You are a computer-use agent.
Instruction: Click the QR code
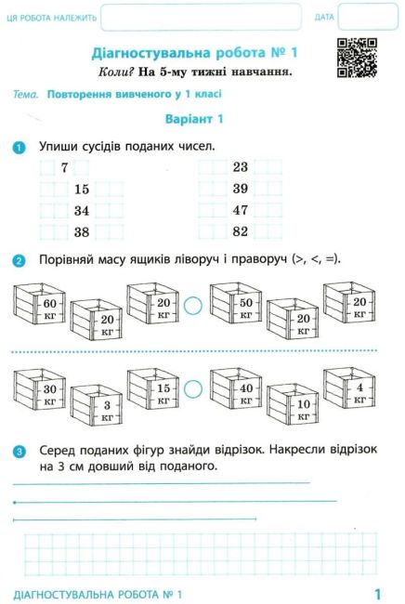point(357,58)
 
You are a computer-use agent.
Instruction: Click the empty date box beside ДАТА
point(368,17)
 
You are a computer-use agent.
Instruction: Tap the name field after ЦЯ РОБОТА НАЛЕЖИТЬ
point(201,17)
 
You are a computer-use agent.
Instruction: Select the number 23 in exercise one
point(241,167)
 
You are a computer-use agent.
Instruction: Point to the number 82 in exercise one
point(241,231)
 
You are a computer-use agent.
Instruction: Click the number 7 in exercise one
point(64,167)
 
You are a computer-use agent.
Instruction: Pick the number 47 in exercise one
point(241,210)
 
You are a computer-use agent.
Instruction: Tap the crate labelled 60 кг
point(39,304)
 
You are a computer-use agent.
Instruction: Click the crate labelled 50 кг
point(236,303)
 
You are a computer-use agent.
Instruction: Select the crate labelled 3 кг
point(97,405)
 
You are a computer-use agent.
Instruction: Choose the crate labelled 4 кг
point(349,388)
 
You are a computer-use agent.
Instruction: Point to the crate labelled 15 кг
point(153,388)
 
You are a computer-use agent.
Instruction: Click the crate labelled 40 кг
point(236,388)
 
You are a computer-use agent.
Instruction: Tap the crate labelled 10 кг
point(293,404)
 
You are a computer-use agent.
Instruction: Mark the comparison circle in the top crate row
point(193,306)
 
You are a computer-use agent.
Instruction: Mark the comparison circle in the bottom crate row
point(193,389)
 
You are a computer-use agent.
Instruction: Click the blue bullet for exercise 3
point(19,451)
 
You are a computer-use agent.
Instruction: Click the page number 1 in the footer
point(377,593)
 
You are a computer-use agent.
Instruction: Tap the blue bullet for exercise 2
point(19,261)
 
